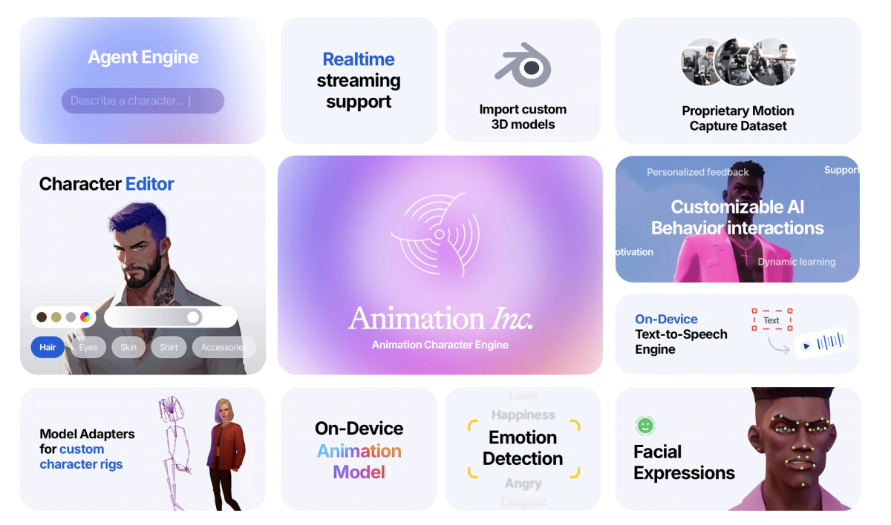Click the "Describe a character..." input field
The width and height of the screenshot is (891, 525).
coord(143,101)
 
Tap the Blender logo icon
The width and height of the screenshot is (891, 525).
coord(523,66)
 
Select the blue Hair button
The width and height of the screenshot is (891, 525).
coord(48,347)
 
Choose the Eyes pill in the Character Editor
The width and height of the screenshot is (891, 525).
coord(88,347)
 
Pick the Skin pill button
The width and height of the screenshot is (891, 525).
coord(128,347)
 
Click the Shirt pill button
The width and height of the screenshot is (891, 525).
coord(169,347)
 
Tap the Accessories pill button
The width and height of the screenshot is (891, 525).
coord(223,347)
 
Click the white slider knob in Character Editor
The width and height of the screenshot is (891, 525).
coord(194,317)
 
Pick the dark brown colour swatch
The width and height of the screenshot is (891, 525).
coord(42,317)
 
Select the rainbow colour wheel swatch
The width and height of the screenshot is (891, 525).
coord(85,317)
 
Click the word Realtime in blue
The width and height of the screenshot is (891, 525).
coord(359,59)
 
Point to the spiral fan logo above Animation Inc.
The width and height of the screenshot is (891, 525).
coord(439,234)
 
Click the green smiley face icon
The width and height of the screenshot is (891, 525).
coord(645,426)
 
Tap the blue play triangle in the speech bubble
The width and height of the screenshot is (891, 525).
coord(806,346)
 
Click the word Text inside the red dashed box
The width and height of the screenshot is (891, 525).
coord(771,320)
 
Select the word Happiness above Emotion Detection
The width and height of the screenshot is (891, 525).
coord(523,415)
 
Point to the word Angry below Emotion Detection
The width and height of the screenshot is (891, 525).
coord(523,483)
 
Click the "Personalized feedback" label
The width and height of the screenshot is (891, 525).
coord(697,172)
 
